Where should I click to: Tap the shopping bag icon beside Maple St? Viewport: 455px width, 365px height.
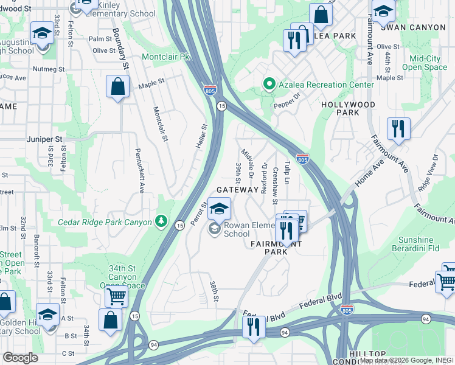(x=118, y=86)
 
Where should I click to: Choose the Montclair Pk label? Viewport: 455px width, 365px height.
(x=166, y=57)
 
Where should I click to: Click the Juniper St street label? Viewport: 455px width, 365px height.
(x=45, y=139)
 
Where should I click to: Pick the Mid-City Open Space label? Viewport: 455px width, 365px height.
(x=428, y=63)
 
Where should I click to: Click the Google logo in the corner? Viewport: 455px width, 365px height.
(x=20, y=358)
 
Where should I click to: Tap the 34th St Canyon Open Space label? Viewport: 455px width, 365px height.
(x=123, y=277)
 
